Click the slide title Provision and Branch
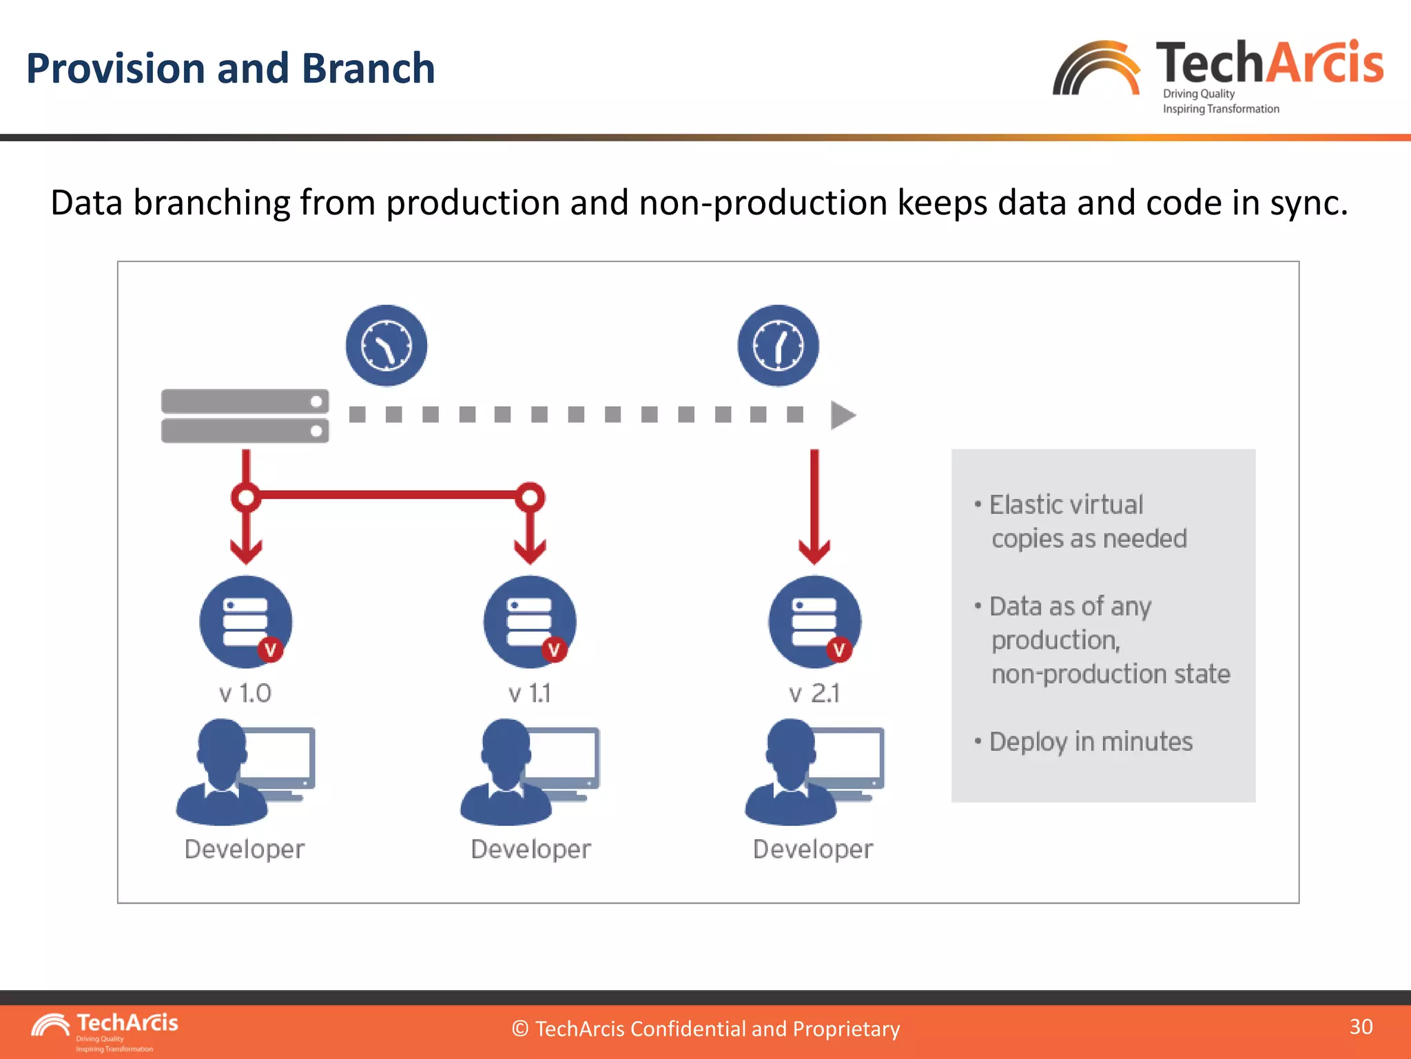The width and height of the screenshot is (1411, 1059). pyautogui.click(x=230, y=69)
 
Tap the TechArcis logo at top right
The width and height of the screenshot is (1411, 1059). pyautogui.click(x=1217, y=74)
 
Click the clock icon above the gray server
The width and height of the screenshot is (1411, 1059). pyautogui.click(x=387, y=345)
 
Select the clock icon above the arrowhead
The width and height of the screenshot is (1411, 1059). pyautogui.click(x=778, y=345)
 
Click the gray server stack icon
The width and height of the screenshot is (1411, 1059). pyautogui.click(x=245, y=416)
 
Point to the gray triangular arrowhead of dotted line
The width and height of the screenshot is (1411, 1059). pyautogui.click(x=842, y=415)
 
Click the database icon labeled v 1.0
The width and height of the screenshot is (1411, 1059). pyautogui.click(x=246, y=621)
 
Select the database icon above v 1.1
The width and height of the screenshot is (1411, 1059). pyautogui.click(x=530, y=621)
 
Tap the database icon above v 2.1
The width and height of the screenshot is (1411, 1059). pyautogui.click(x=814, y=621)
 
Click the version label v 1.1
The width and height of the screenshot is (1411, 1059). pyautogui.click(x=530, y=693)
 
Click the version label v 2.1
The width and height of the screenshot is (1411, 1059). pyautogui.click(x=814, y=693)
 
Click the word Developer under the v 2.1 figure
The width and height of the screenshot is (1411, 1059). pyautogui.click(x=813, y=849)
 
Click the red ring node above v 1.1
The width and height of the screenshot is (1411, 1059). pyautogui.click(x=530, y=497)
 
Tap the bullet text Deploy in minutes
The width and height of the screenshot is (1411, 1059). pyautogui.click(x=1091, y=742)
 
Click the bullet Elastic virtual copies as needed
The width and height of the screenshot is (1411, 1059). pyautogui.click(x=1087, y=521)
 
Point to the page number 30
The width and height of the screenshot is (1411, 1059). pyautogui.click(x=1361, y=1027)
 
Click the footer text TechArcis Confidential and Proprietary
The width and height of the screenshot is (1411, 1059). pyautogui.click(x=705, y=1029)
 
